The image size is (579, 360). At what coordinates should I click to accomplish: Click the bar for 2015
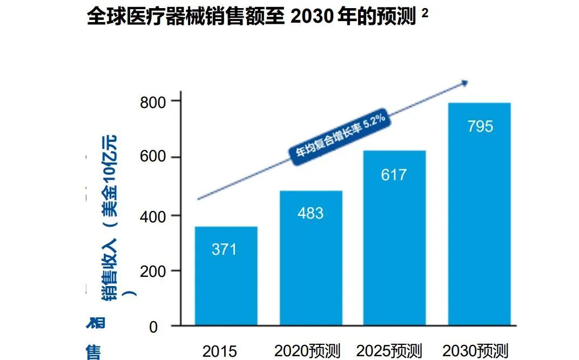point(226,275)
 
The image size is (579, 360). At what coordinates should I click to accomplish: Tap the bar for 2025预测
point(394,237)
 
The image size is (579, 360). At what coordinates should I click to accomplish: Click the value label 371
point(224,250)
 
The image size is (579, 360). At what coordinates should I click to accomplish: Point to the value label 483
point(311,213)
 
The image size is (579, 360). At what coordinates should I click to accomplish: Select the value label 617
point(394,175)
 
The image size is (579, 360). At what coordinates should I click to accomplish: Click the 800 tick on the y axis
point(153,101)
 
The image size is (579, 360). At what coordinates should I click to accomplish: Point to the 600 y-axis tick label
point(153,158)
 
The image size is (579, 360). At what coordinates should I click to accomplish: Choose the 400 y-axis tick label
point(153,215)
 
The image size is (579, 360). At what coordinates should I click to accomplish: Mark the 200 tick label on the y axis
point(153,271)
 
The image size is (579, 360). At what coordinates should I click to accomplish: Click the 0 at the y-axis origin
point(153,327)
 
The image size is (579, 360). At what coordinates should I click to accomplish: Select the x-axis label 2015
point(219,351)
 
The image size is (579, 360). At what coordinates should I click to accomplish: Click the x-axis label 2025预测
point(391,351)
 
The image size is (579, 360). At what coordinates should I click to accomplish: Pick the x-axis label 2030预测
point(475,351)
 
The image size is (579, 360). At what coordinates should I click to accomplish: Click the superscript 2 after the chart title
point(425,15)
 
